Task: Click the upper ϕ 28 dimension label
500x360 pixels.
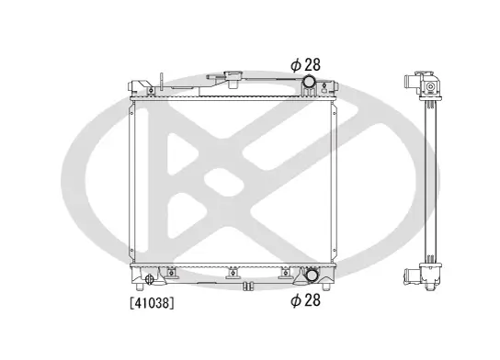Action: click(x=305, y=65)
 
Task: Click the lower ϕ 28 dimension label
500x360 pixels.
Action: click(x=305, y=300)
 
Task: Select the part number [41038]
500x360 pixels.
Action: click(x=152, y=303)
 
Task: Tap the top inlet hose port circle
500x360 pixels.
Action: click(x=309, y=81)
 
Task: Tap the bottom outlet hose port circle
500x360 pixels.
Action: click(x=312, y=276)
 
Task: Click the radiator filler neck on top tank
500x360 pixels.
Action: click(x=233, y=80)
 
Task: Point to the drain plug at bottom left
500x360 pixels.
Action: click(x=149, y=279)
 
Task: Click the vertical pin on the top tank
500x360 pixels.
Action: click(x=162, y=83)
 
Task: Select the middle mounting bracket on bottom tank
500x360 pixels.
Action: click(x=233, y=273)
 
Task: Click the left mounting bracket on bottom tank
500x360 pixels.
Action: click(x=172, y=273)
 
